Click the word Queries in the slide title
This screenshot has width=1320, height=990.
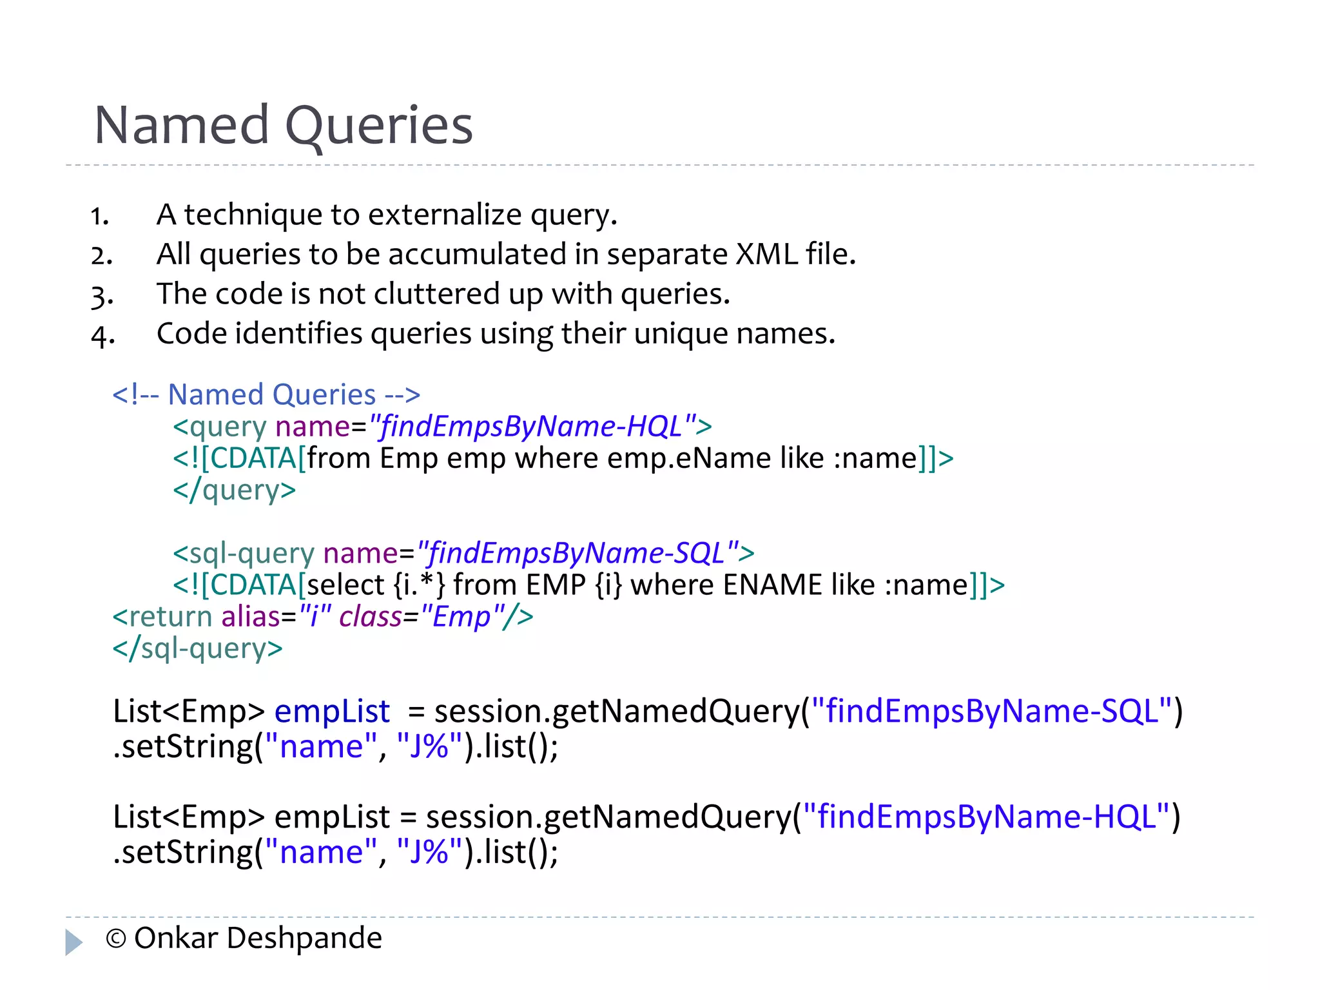pyautogui.click(x=379, y=126)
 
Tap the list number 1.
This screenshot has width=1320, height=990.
pyautogui.click(x=99, y=217)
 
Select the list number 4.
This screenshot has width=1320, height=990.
pyautogui.click(x=102, y=336)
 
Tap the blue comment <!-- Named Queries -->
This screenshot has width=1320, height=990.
pyautogui.click(x=266, y=394)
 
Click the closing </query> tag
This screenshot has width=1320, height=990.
pyautogui.click(x=235, y=490)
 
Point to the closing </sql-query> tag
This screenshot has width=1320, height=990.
pyautogui.click(x=197, y=648)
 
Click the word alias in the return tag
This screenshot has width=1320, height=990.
pyautogui.click(x=250, y=617)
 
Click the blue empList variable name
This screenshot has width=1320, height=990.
pyautogui.click(x=332, y=712)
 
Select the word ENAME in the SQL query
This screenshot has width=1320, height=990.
pyautogui.click(x=772, y=585)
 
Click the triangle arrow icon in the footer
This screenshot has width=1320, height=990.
pyautogui.click(x=73, y=942)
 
